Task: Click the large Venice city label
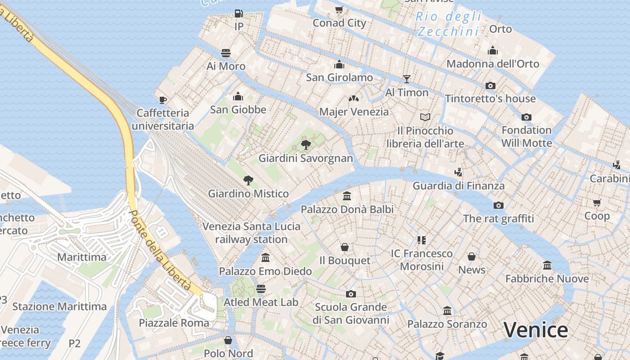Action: pyautogui.click(x=535, y=330)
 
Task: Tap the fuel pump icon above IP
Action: pyautogui.click(x=239, y=13)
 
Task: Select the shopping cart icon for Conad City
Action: pyautogui.click(x=339, y=9)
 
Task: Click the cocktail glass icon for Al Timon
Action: pyautogui.click(x=407, y=79)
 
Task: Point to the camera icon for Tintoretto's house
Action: pyautogui.click(x=490, y=85)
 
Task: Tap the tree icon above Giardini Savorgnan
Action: pyautogui.click(x=306, y=145)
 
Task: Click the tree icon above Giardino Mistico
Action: pyautogui.click(x=248, y=180)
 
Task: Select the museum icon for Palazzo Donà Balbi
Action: pyautogui.click(x=347, y=196)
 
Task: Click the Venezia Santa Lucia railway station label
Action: pyautogui.click(x=251, y=233)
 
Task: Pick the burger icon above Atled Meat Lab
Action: pyautogui.click(x=261, y=289)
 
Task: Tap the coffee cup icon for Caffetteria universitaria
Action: pyautogui.click(x=163, y=99)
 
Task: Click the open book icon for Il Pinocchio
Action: pyautogui.click(x=425, y=117)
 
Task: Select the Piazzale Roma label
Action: pyautogui.click(x=174, y=323)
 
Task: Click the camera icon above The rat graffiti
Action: pyautogui.click(x=498, y=205)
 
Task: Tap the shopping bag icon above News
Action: pyautogui.click(x=472, y=256)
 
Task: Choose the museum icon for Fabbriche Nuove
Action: pyautogui.click(x=547, y=265)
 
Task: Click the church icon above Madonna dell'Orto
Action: pyautogui.click(x=493, y=50)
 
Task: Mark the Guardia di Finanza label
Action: pyautogui.click(x=459, y=185)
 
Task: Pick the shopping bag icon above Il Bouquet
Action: pyautogui.click(x=345, y=247)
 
